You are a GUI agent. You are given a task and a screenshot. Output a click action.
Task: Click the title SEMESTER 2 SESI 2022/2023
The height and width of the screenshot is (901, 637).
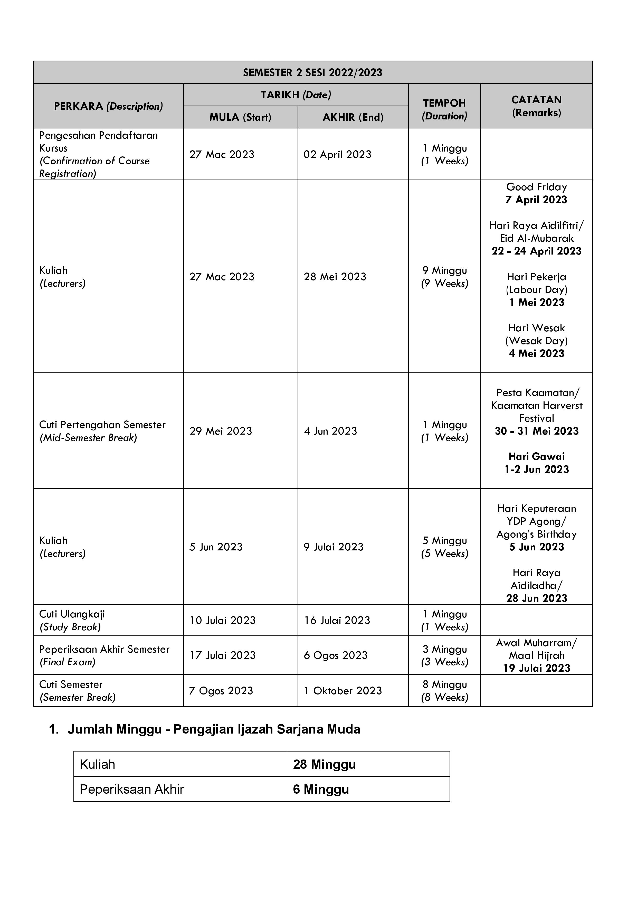click(x=313, y=73)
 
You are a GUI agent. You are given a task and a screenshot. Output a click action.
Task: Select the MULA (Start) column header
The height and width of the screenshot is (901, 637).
click(x=240, y=117)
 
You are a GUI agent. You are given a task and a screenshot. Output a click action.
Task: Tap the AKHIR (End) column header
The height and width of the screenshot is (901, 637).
click(x=353, y=117)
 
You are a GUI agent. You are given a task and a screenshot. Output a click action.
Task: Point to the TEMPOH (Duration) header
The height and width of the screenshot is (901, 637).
click(x=444, y=109)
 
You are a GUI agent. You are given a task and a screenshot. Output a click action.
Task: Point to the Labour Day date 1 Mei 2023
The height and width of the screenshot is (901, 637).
click(x=537, y=303)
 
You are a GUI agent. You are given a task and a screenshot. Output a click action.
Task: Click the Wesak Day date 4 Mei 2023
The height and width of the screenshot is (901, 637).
click(x=537, y=354)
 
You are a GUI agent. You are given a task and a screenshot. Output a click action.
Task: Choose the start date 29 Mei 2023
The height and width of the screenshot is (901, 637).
click(x=221, y=431)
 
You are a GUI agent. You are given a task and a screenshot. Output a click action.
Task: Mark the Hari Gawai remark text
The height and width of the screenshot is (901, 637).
click(x=537, y=457)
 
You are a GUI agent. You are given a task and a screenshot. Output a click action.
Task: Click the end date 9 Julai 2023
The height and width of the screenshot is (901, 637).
click(x=334, y=547)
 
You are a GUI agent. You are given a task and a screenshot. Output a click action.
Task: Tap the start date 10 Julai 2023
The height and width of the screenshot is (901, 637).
click(x=222, y=621)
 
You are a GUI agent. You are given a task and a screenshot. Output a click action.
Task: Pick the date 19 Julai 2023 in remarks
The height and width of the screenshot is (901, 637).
click(x=537, y=668)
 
